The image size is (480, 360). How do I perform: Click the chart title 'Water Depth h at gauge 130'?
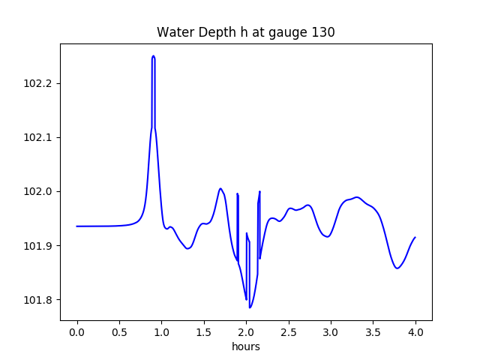[245, 32]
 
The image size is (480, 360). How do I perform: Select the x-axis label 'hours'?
[245, 346]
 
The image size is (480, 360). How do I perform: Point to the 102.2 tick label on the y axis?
[39, 83]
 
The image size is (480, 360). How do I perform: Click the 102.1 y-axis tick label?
[39, 137]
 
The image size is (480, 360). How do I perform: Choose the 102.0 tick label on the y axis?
[39, 191]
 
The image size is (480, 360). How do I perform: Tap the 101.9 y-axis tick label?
[39, 246]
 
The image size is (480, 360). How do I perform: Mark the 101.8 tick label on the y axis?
[39, 300]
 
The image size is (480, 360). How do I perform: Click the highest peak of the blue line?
[153, 55]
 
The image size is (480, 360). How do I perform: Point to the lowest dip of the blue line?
[250, 307]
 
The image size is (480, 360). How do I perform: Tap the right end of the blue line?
[415, 237]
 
